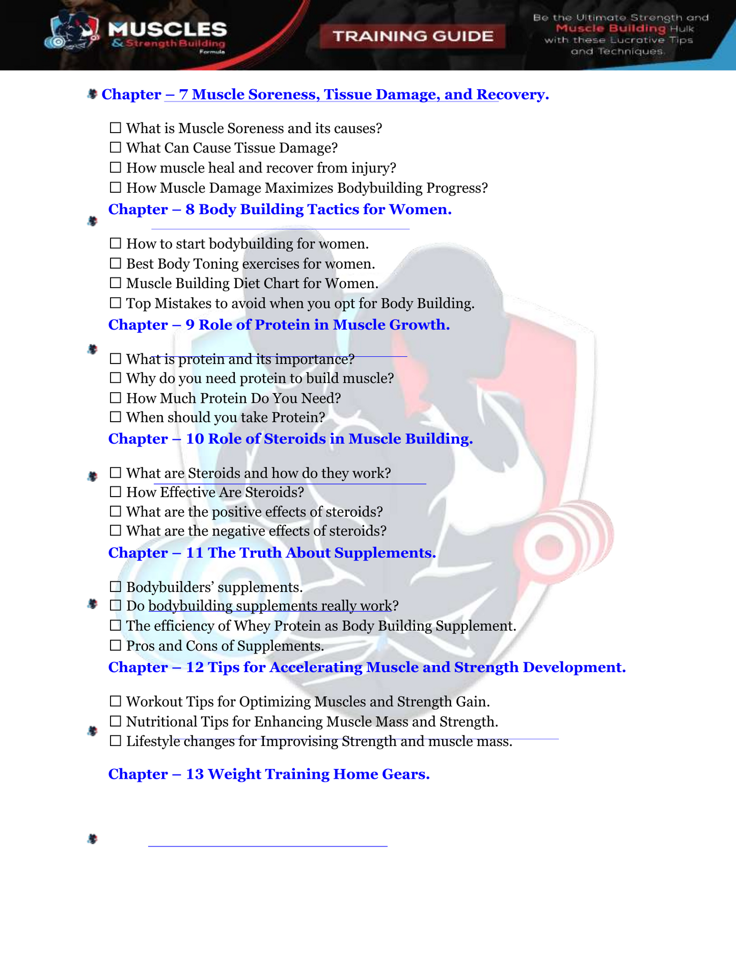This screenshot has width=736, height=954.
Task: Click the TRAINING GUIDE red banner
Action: coord(413,36)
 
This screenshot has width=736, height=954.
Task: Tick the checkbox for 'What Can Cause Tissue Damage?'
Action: coord(116,148)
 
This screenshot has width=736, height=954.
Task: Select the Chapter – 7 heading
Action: coord(325,94)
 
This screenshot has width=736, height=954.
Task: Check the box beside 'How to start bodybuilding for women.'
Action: coord(116,244)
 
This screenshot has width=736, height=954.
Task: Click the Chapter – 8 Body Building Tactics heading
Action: coord(280,210)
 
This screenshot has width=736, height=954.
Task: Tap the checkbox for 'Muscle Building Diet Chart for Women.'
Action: coord(116,283)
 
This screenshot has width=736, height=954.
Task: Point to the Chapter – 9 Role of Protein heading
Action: coord(279,325)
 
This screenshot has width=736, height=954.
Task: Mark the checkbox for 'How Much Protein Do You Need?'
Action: coord(116,398)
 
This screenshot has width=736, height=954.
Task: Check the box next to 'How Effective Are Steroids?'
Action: coord(116,492)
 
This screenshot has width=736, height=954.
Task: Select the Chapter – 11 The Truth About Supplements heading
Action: coord(272,553)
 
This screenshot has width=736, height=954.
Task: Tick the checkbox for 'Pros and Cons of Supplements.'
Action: coord(116,646)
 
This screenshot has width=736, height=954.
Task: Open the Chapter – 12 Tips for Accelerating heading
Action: coord(367,667)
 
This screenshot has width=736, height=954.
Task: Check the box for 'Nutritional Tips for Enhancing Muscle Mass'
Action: coord(116,721)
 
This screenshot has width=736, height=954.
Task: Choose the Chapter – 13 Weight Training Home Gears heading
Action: coord(269,774)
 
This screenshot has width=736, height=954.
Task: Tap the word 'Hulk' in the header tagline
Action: coord(682,29)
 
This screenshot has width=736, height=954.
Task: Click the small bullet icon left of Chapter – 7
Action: coord(92,94)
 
